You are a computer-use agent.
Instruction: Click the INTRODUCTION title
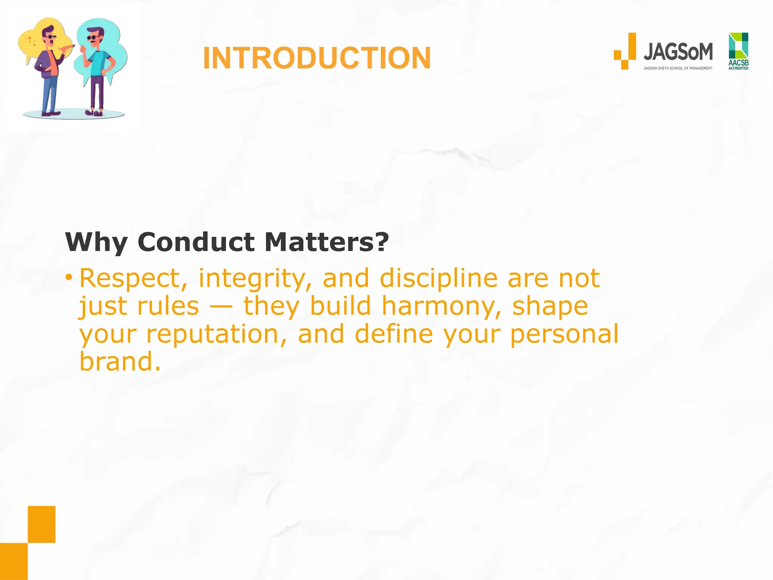(317, 58)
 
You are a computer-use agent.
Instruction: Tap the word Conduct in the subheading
(196, 242)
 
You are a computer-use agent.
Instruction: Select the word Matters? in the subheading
(326, 242)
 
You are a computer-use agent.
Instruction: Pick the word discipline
(438, 279)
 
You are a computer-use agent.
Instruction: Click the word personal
(564, 335)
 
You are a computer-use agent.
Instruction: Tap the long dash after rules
(221, 307)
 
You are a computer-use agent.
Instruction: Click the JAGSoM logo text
(678, 52)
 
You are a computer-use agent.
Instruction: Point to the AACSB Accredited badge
(738, 51)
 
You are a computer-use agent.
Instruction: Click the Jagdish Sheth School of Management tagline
(678, 68)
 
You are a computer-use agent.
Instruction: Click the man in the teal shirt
(98, 68)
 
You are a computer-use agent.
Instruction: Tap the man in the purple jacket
(49, 68)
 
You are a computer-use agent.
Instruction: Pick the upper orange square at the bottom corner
(42, 524)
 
